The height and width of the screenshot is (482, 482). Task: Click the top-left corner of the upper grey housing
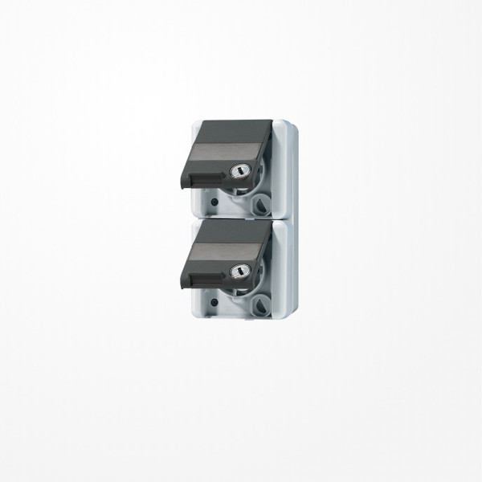[x=194, y=120]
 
